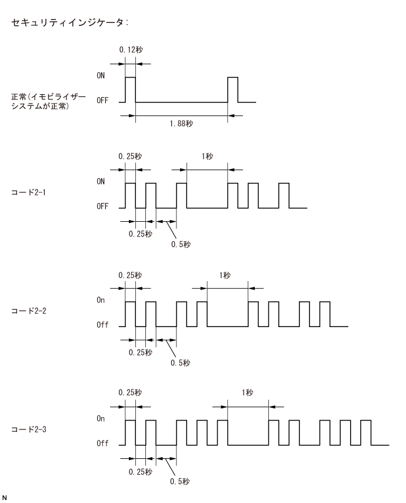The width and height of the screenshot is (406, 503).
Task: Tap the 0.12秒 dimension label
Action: click(129, 50)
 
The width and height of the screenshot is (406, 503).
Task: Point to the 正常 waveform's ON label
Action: click(101, 76)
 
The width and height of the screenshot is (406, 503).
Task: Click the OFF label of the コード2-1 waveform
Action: click(102, 208)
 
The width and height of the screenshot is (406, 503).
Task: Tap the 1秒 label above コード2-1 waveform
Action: click(205, 156)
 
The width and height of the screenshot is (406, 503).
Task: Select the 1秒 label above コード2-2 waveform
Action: click(226, 275)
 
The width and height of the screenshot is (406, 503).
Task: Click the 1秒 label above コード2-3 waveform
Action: click(247, 393)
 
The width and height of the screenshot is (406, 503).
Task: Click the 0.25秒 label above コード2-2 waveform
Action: click(129, 275)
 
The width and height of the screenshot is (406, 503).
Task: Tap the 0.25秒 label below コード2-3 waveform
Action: click(140, 471)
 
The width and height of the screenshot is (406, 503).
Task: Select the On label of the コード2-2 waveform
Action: click(102, 300)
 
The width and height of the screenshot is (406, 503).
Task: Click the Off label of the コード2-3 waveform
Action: click(102, 444)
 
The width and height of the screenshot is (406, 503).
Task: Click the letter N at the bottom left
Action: click(4, 497)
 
